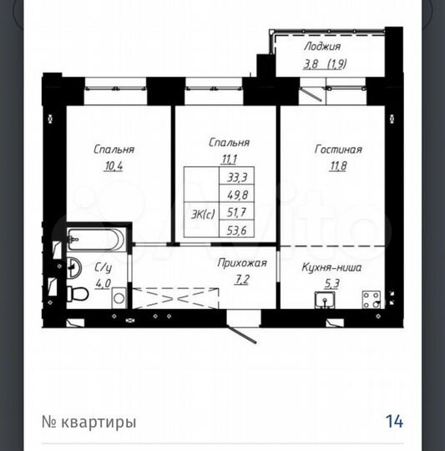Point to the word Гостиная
[x=338, y=149]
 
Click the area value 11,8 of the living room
[x=339, y=165]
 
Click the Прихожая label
[x=242, y=263]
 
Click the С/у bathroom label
[x=103, y=267]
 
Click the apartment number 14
[x=394, y=421]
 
